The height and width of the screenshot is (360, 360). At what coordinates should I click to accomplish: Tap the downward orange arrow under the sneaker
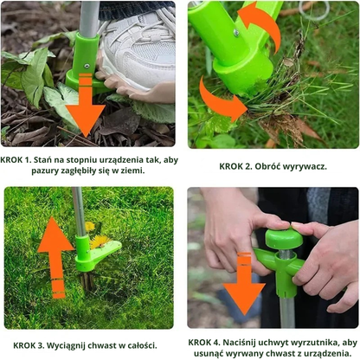[x=85, y=106]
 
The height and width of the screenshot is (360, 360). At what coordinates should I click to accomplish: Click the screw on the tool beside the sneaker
[x=87, y=66]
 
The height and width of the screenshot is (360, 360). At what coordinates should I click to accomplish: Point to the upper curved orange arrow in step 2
[x=261, y=24]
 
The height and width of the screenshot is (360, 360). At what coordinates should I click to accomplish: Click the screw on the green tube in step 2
[x=236, y=33]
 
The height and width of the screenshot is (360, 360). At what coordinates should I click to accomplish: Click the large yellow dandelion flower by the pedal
[x=100, y=241]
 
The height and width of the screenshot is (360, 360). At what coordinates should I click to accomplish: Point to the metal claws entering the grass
[x=87, y=280]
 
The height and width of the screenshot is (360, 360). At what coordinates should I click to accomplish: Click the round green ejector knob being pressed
[x=284, y=238]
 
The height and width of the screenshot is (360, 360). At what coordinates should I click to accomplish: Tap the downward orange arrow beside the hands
[x=244, y=283]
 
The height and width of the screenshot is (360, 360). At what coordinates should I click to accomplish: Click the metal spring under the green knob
[x=284, y=254]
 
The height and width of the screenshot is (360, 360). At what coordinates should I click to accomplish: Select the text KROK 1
[x=16, y=160]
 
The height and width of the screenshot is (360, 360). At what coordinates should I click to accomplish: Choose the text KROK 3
[x=29, y=345]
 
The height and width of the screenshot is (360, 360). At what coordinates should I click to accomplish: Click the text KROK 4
[x=204, y=343]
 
